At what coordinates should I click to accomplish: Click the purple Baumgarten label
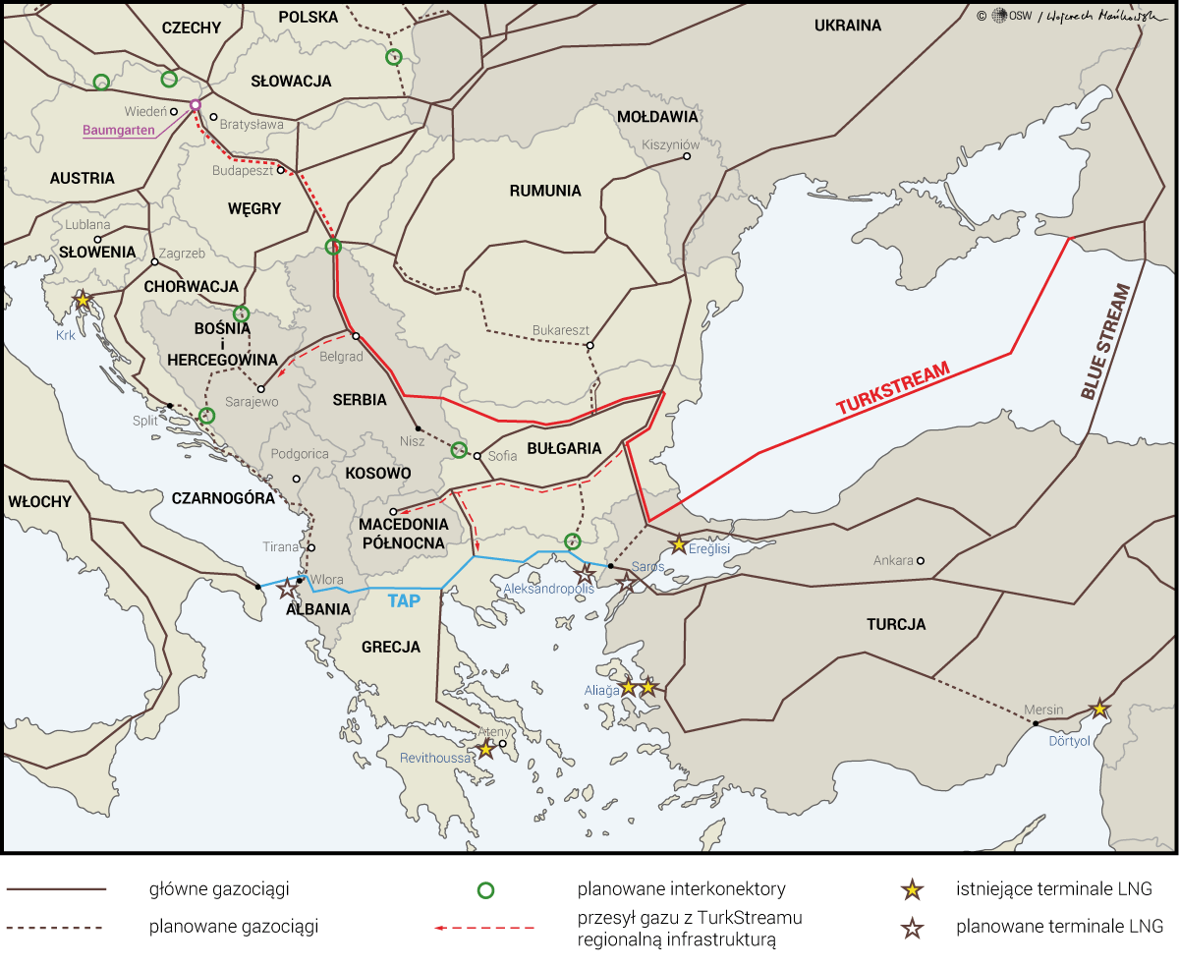121,130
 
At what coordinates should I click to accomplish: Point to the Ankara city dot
921,561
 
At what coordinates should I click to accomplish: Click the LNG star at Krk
84,299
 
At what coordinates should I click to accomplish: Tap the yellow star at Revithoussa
484,749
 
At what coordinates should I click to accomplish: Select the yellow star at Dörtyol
1099,709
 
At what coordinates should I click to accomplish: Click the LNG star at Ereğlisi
678,543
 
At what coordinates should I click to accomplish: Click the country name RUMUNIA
545,191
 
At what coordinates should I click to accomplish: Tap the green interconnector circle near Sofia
459,450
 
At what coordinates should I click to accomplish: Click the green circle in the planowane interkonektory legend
485,890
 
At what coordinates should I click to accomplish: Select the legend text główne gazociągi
219,890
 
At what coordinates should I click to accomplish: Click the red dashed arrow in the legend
485,927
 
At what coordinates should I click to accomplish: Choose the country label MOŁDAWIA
657,117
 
